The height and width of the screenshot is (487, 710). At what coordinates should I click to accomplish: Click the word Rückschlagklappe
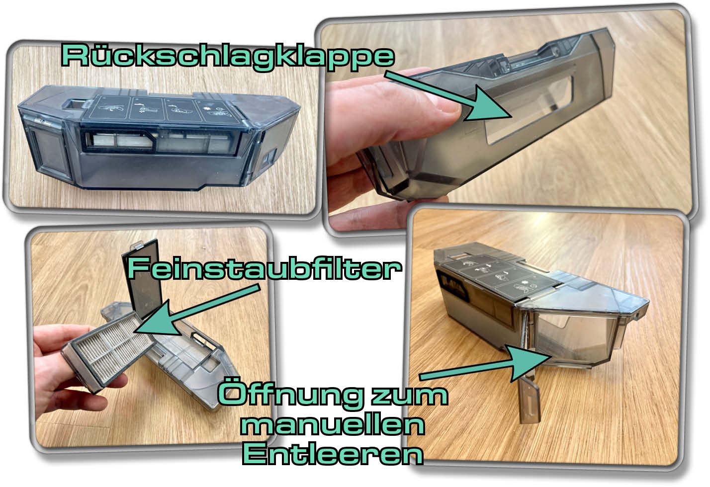pyautogui.click(x=227, y=56)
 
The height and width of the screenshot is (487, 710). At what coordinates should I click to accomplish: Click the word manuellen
pyautogui.click(x=336, y=425)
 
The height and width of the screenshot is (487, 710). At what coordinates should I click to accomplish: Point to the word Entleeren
pyautogui.click(x=332, y=454)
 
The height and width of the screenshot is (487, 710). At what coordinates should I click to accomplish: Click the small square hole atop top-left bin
pyautogui.click(x=75, y=104)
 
